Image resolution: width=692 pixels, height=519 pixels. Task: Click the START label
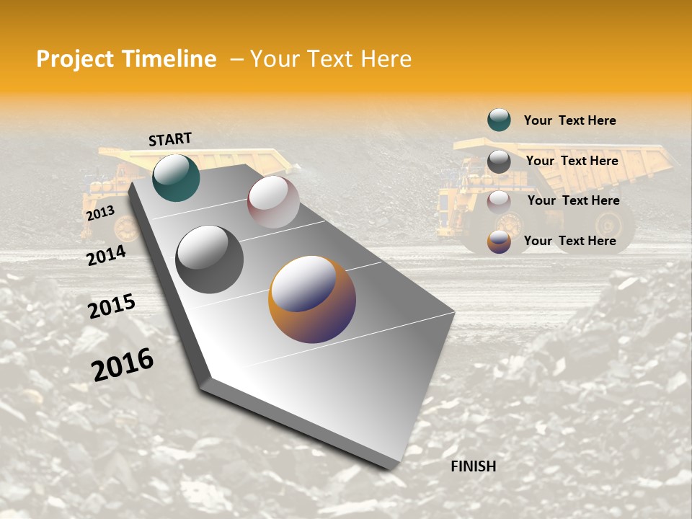click(x=170, y=139)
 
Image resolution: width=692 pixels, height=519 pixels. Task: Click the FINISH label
click(x=474, y=466)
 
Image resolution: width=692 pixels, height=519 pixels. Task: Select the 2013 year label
click(x=100, y=213)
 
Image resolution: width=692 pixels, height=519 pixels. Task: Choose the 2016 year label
click(x=123, y=364)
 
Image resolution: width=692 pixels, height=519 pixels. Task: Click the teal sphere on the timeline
click(x=176, y=177)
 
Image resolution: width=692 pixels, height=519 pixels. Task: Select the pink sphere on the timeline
click(x=273, y=202)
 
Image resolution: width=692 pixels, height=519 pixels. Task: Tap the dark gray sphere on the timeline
click(x=210, y=259)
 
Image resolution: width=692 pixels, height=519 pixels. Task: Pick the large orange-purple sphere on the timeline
click(x=312, y=299)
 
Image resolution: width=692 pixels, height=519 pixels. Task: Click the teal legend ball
click(x=499, y=120)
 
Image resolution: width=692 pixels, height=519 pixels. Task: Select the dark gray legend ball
click(x=499, y=161)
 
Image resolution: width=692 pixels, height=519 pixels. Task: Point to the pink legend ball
click(x=499, y=201)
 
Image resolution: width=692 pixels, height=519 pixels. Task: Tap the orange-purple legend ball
click(x=499, y=241)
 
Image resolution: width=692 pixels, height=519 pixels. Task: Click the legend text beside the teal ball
click(x=569, y=120)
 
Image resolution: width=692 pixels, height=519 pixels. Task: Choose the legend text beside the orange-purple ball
click(x=569, y=241)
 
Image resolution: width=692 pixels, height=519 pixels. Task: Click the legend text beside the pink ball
click(x=573, y=200)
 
